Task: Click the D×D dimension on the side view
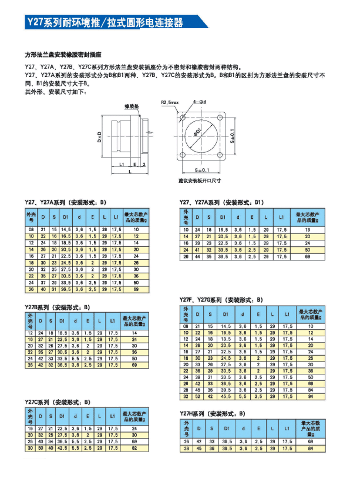pyautogui.click(x=100, y=138)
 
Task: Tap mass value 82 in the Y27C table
pyautogui.click(x=135, y=448)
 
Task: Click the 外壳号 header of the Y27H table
pyautogui.click(x=186, y=427)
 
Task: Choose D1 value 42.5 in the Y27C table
pyautogui.click(x=62, y=448)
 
